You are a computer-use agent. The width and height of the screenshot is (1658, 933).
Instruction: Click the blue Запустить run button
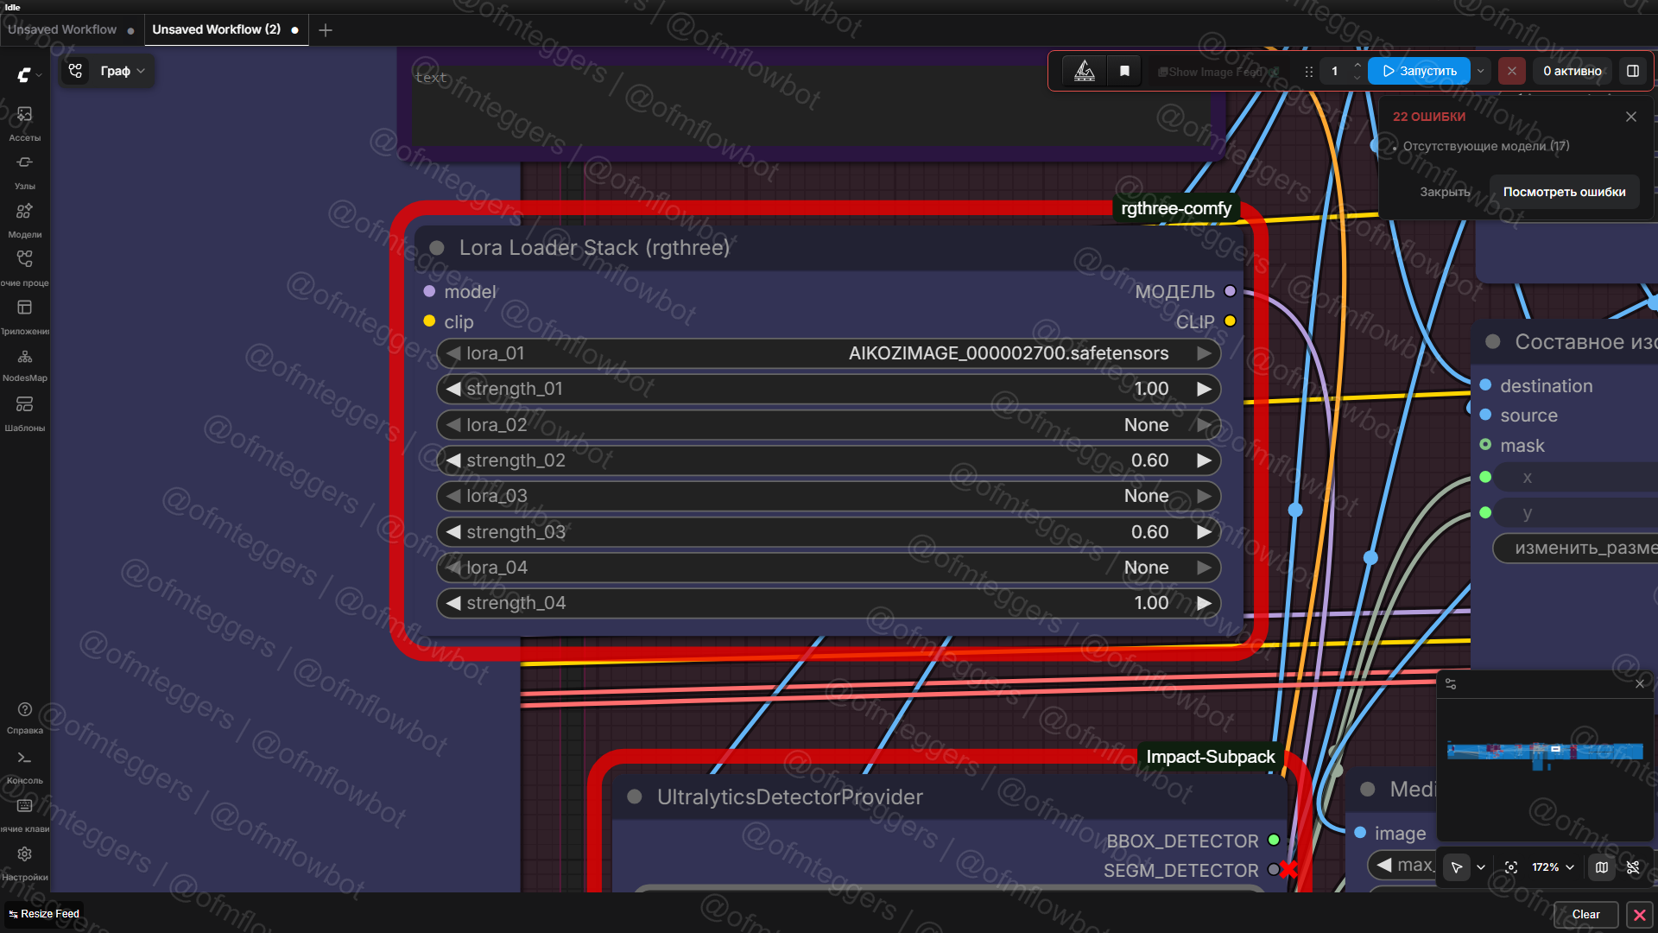point(1419,71)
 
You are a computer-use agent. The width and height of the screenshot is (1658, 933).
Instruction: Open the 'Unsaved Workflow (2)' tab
point(216,29)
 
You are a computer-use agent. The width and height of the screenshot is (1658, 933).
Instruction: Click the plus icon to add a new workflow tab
point(326,30)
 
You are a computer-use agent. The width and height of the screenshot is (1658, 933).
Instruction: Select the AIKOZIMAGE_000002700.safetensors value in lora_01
point(1008,353)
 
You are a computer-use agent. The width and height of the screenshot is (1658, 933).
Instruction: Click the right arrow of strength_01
point(1204,390)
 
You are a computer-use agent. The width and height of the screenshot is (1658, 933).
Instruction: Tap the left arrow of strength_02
point(453,460)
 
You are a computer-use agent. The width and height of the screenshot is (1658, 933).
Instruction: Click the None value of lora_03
point(1146,496)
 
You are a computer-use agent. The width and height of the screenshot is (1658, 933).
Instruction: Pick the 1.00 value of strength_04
point(1150,603)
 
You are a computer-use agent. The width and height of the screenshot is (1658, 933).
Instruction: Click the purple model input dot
point(429,292)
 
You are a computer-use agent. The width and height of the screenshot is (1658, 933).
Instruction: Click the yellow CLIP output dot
point(1230,321)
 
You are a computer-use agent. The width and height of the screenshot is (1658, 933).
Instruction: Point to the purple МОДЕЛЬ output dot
point(1230,292)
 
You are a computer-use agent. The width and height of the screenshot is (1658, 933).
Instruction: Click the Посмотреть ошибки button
point(1564,192)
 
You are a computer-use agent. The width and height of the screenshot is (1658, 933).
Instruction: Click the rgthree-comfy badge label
point(1175,208)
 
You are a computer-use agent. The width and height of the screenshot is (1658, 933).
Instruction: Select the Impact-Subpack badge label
point(1210,757)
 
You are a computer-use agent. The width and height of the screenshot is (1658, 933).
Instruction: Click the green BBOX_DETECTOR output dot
point(1274,840)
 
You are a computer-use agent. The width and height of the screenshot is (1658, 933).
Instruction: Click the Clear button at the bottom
point(1585,914)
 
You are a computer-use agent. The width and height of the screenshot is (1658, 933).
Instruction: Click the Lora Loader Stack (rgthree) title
point(594,248)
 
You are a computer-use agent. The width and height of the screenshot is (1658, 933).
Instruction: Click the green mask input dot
point(1485,445)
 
